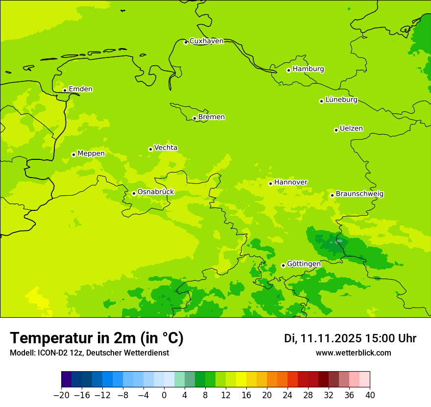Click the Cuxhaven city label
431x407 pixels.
click(206, 41)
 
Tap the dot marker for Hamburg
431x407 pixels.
click(288, 70)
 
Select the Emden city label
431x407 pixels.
click(80, 89)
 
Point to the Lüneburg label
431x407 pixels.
click(341, 100)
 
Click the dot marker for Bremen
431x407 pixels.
click(194, 118)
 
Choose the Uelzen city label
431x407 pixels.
click(351, 129)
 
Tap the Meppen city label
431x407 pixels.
click(91, 153)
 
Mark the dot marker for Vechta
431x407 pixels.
click(150, 149)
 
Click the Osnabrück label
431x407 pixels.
click(156, 192)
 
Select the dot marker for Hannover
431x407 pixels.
click(270, 183)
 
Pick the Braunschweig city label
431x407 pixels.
click(359, 194)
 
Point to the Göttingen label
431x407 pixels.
click(304, 264)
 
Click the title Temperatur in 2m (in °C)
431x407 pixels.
click(96, 338)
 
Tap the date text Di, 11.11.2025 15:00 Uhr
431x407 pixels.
click(350, 338)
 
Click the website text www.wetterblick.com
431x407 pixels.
click(353, 353)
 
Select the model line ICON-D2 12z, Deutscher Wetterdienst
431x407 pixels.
click(89, 353)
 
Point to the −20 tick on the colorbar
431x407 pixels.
click(61, 395)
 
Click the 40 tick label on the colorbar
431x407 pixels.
click(370, 395)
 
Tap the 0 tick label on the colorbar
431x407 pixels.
click(164, 395)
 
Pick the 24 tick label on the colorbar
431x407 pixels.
click(287, 395)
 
